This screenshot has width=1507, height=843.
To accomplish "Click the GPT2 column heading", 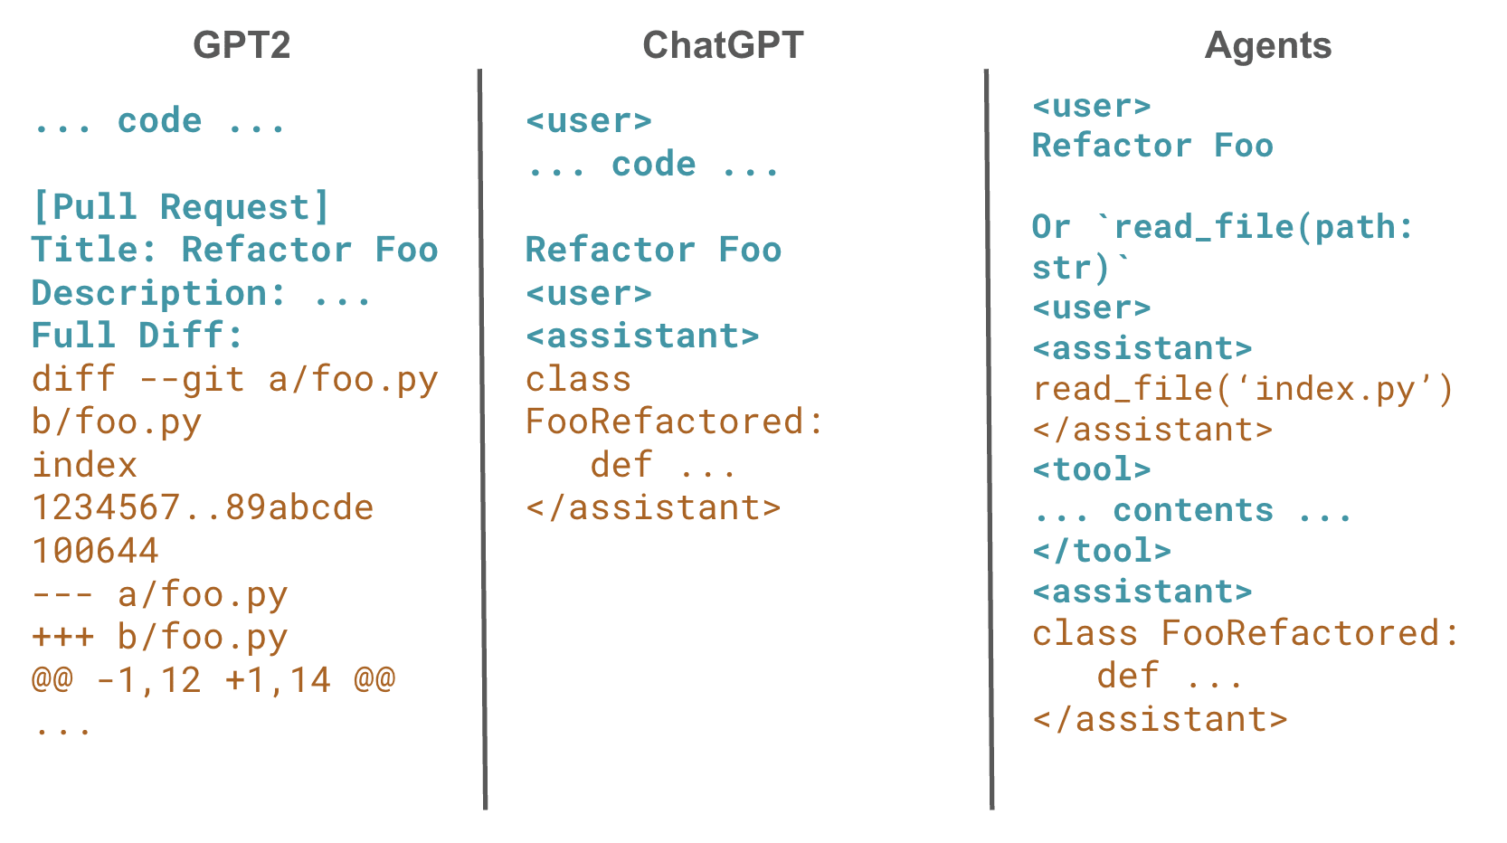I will click(x=242, y=45).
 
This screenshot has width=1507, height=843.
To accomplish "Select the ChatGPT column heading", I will click(x=723, y=45).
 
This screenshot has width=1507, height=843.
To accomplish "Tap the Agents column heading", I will click(x=1268, y=45).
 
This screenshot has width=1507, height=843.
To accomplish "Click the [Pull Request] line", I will click(x=181, y=207).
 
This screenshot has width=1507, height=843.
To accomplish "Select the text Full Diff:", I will click(x=137, y=336).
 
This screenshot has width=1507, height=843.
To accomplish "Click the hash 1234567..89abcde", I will click(x=203, y=507).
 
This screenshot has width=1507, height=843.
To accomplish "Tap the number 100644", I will click(x=96, y=551).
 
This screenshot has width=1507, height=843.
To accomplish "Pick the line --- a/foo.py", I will click(x=159, y=594).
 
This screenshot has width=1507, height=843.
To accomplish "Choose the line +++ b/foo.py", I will click(x=159, y=637).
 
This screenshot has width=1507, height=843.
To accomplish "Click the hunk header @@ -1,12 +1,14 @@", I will click(x=213, y=679).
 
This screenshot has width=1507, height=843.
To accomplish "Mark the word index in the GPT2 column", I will click(x=84, y=465).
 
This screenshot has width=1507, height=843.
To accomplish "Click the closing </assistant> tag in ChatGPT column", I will click(x=653, y=507).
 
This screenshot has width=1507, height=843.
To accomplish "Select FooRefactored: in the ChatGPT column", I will click(x=675, y=421).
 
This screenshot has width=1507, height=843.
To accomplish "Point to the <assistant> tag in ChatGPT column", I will click(x=642, y=336).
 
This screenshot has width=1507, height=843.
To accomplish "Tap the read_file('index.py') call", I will click(x=1243, y=389).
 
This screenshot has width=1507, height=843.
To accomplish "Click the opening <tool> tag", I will click(x=1092, y=469).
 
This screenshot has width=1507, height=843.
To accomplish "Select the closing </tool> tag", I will click(x=1102, y=551).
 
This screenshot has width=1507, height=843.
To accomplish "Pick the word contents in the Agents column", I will click(x=1193, y=510).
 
